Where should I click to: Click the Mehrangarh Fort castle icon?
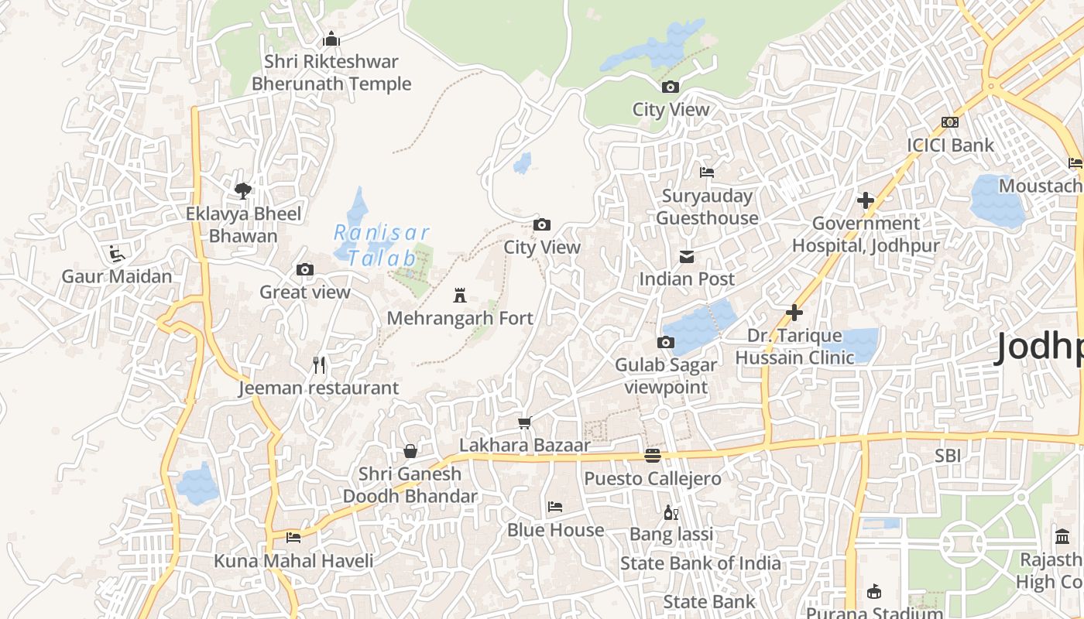460,295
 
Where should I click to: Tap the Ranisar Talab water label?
381,245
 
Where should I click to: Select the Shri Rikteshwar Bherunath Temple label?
331,72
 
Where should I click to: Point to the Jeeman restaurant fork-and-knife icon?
318,365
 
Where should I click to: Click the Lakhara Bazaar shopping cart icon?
525,422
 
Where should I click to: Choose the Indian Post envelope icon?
686,257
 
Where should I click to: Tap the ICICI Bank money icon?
950,122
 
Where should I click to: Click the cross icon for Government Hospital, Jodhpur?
866,201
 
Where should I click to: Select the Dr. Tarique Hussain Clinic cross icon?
794,313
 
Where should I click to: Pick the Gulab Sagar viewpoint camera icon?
666,342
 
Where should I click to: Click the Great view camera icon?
305,270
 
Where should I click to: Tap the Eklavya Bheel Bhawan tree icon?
243,190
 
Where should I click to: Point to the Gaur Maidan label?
117,276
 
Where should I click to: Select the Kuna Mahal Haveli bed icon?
293,537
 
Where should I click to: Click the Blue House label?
555,530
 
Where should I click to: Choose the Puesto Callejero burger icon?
653,456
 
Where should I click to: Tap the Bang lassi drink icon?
671,512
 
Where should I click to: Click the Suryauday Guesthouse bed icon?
707,173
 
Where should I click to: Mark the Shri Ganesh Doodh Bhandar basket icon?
410,451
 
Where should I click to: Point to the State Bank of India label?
700,563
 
